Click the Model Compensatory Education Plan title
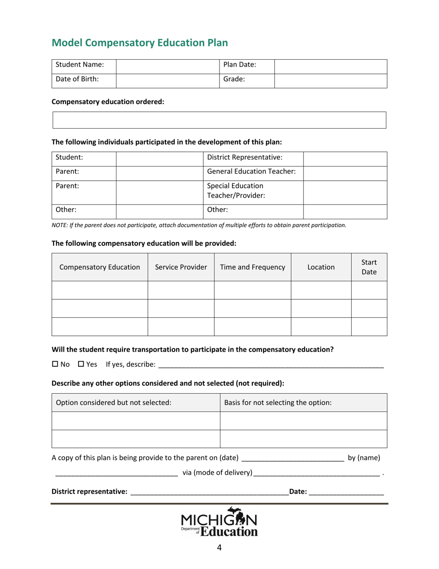tap(140, 43)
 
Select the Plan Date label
tap(239, 65)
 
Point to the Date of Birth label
tap(77, 79)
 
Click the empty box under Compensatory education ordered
tap(219, 120)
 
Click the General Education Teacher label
tap(251, 172)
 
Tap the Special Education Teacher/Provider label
tap(236, 191)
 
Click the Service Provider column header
tap(181, 267)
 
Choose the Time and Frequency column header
tap(252, 267)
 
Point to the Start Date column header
tap(369, 267)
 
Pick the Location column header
tap(321, 267)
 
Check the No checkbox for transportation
tap(55, 365)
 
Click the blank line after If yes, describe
tap(271, 365)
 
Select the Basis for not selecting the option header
tap(277, 402)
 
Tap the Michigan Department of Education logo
tap(219, 522)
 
